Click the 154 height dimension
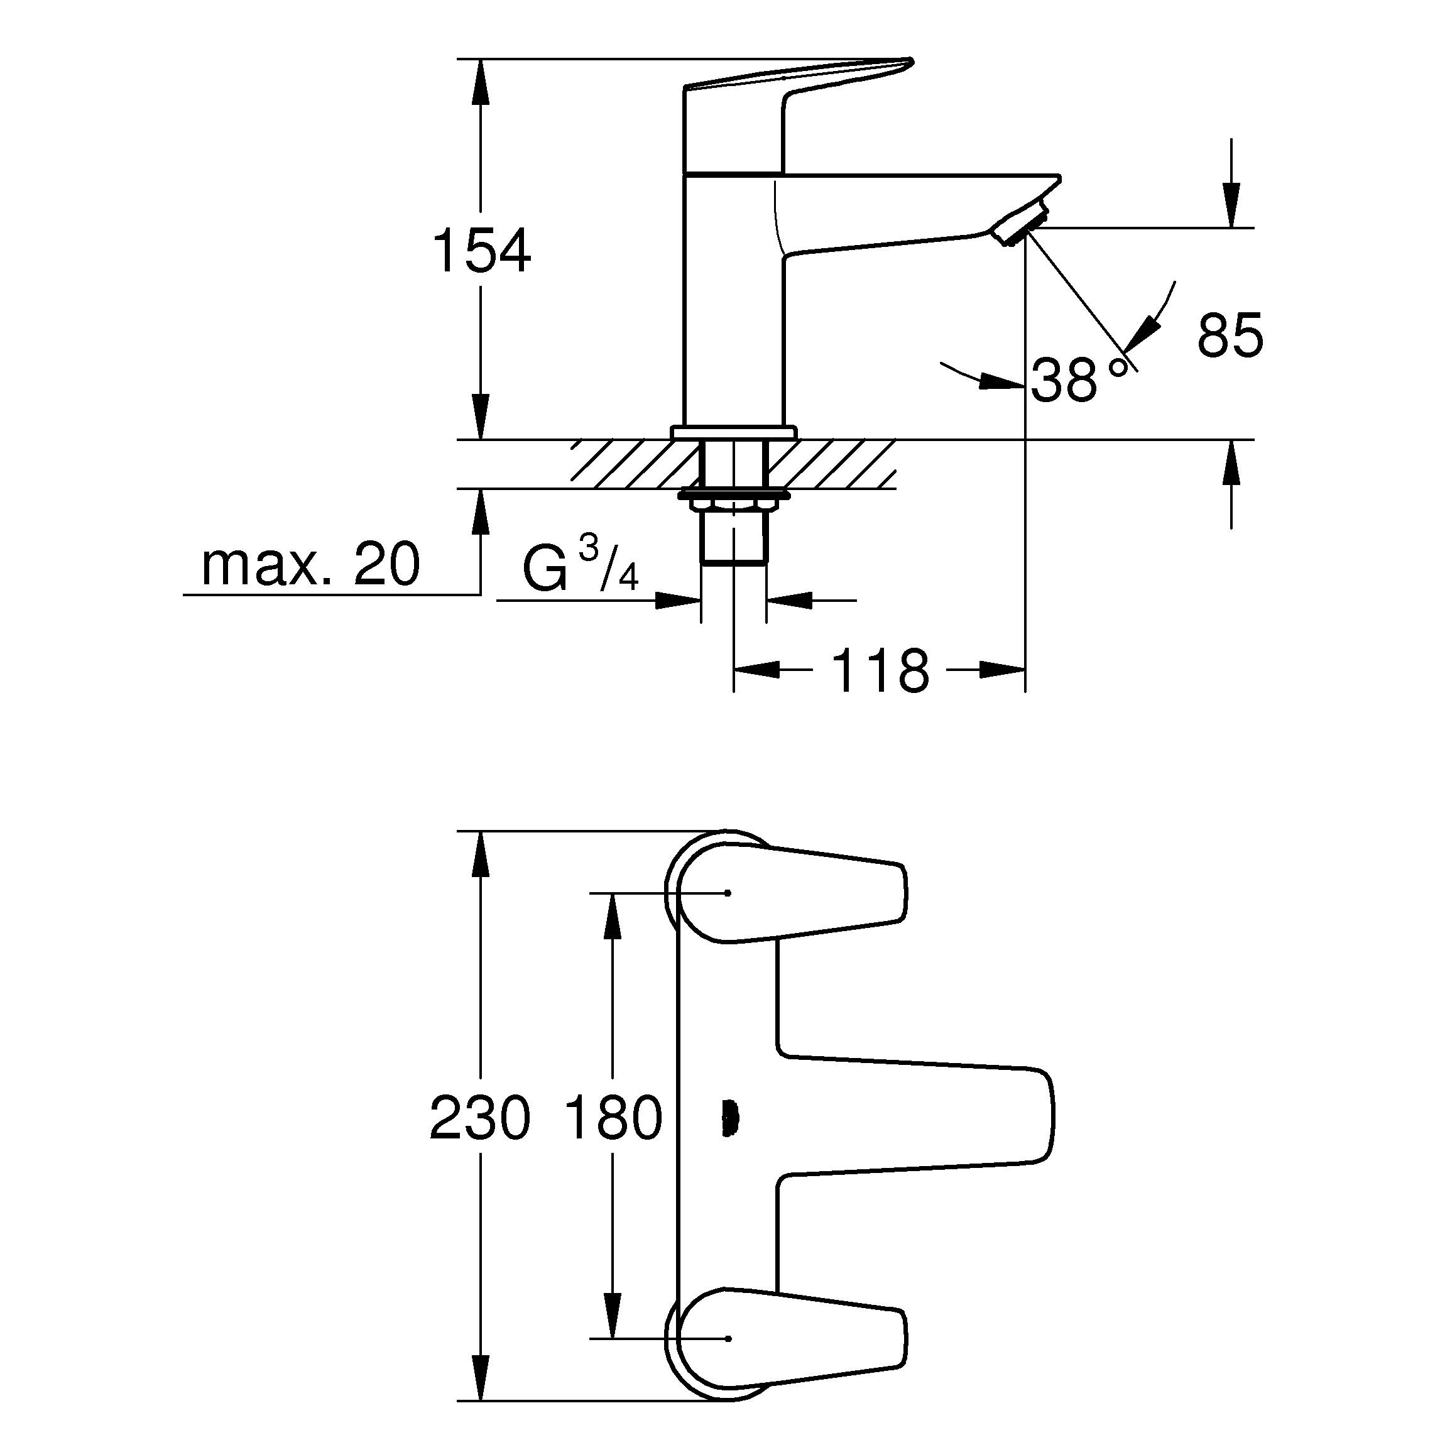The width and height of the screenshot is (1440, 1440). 481,252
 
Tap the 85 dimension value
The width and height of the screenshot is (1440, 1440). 1230,335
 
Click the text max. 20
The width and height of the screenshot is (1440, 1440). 310,565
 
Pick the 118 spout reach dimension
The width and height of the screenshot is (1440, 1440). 880,671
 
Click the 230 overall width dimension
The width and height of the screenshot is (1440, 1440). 480,1118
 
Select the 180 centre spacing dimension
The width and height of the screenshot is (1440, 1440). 613,1118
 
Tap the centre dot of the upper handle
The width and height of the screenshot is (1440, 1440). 729,892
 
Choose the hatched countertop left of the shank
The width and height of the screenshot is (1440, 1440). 633,464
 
